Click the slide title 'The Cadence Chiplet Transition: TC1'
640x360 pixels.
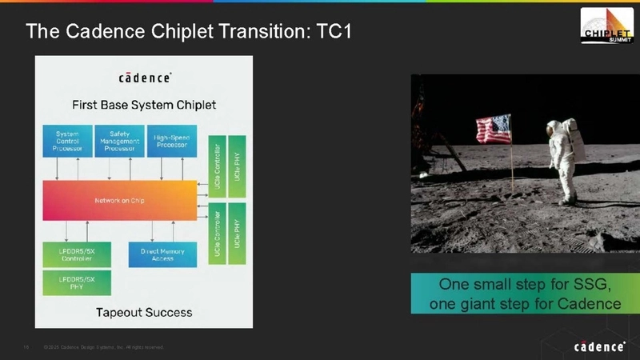pos(189,32)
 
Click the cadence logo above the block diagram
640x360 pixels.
pos(144,78)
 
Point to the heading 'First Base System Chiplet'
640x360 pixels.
pos(144,105)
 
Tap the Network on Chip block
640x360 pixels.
pos(120,200)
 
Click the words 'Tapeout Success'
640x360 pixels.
pos(144,311)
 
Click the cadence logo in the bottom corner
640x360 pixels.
pos(599,346)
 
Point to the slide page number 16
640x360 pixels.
pos(26,347)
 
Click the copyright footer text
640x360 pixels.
pos(104,347)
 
